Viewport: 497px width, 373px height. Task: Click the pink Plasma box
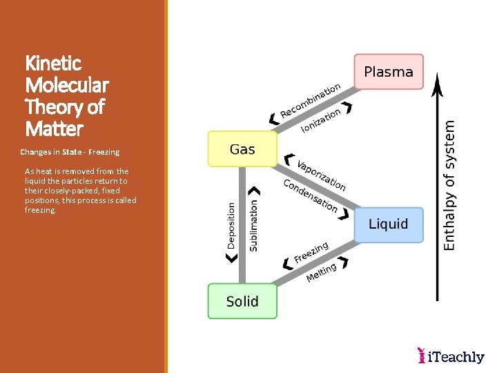pos(389,72)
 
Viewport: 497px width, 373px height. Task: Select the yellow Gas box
pos(242,149)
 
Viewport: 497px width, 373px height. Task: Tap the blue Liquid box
pos(389,224)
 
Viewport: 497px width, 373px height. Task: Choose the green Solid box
pos(242,301)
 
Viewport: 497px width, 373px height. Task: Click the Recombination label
pos(310,101)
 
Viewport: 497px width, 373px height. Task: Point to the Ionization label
pos(321,120)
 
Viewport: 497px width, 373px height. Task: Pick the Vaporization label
pos(321,175)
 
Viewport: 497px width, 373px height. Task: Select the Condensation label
pos(311,195)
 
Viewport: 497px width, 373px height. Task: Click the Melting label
pos(322,271)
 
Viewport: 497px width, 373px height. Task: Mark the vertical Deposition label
pos(231,225)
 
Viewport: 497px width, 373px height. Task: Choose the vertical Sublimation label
pos(253,225)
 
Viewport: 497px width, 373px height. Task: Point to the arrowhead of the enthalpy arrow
pos(436,82)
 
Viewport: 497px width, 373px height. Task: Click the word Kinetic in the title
pos(53,64)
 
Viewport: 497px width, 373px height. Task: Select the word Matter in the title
pos(54,129)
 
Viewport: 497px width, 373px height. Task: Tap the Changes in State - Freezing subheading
pos(70,152)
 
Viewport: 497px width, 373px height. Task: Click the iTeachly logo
pos(451,356)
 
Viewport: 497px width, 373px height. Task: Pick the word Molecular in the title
pos(67,86)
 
